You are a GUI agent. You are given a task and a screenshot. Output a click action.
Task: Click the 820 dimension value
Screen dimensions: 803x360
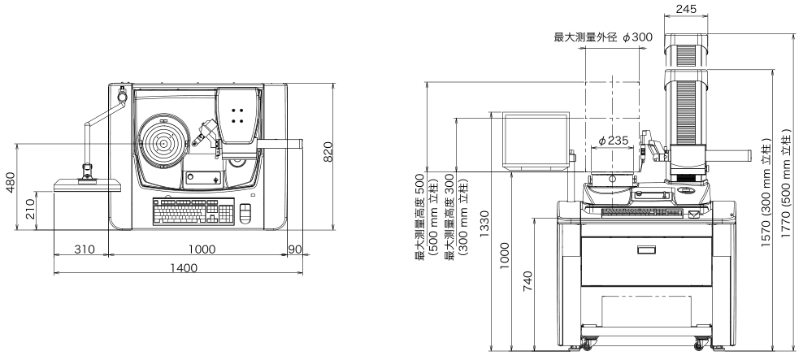pos(328,152)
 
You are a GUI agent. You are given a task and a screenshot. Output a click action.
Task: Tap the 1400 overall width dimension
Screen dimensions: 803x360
pos(184,267)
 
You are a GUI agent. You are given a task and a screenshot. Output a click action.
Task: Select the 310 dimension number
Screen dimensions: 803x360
pos(85,249)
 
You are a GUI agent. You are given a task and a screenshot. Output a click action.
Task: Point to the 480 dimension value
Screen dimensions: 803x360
pos(11,182)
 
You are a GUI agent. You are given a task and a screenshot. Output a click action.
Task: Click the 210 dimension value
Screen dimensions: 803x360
pos(30,209)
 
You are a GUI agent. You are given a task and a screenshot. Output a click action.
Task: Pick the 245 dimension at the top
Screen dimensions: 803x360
pos(686,9)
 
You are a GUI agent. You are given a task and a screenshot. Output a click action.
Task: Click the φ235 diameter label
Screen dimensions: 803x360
pos(613,140)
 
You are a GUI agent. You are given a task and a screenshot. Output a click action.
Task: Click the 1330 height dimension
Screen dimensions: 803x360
pos(484,224)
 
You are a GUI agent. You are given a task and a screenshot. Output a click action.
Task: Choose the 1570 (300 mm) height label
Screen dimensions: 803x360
pos(766,193)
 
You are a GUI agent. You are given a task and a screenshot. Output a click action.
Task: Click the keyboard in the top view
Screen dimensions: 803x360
pos(193,211)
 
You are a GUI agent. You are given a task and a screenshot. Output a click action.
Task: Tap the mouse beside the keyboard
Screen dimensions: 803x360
pos(246,213)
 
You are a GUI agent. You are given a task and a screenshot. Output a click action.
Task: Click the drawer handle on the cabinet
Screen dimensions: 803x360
pos(646,249)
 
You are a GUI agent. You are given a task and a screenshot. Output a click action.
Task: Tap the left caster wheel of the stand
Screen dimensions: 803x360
pos(587,345)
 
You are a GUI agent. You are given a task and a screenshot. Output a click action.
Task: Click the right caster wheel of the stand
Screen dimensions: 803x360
pos(699,345)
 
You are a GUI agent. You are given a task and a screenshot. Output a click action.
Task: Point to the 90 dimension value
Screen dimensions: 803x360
pos(295,249)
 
